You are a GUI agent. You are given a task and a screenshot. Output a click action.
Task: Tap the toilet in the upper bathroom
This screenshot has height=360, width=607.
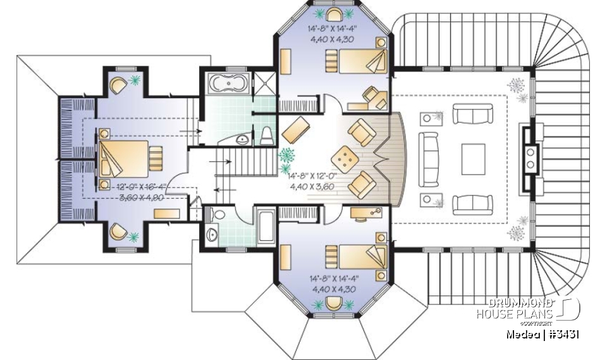[267, 133]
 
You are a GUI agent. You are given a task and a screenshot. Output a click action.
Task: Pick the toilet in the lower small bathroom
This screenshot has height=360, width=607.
[218, 215]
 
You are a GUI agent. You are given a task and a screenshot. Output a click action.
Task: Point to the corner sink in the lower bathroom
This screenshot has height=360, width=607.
[211, 235]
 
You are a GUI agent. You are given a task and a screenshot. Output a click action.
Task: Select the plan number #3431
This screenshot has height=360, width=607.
[562, 334]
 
